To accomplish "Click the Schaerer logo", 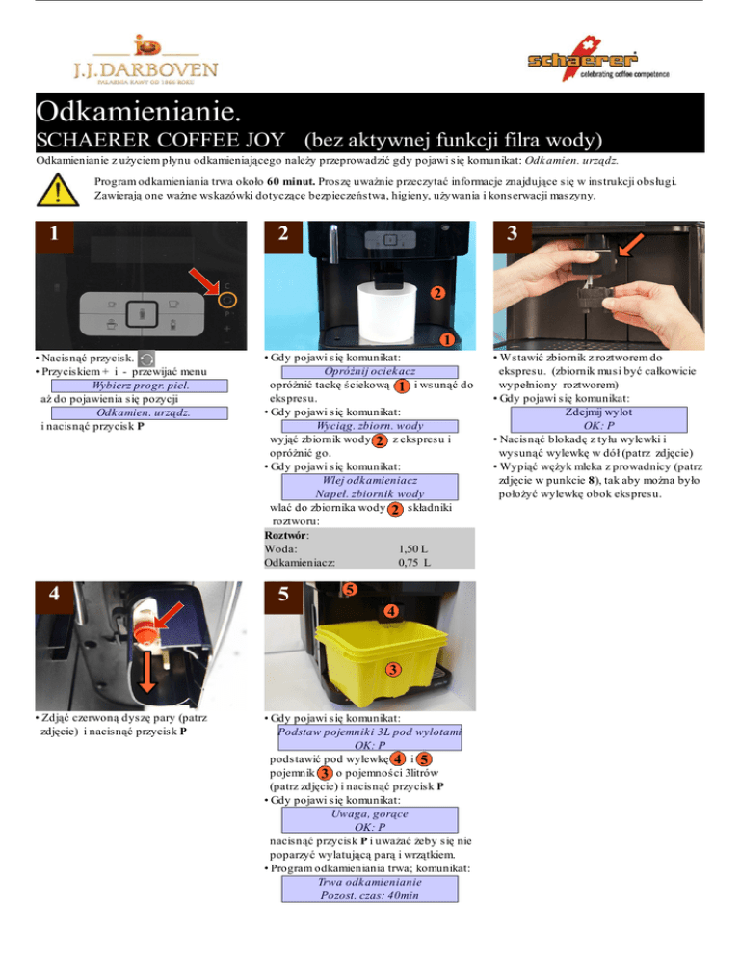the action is click(597, 59).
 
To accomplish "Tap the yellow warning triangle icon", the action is click(58, 190).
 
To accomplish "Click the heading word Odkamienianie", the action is click(139, 111).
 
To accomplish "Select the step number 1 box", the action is click(54, 234).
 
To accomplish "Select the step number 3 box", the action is click(512, 234).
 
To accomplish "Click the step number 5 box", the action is click(283, 595).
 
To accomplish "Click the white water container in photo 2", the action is click(386, 313).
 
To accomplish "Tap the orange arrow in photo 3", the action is click(631, 245).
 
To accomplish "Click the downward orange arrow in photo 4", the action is click(146, 671).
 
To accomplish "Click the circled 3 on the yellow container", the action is click(393, 670).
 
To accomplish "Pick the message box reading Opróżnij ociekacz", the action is click(370, 371).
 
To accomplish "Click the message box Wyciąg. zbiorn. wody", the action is click(370, 426).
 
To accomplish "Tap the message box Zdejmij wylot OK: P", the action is click(599, 419).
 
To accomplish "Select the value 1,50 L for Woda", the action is click(413, 548).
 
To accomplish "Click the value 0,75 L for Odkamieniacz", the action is click(414, 562).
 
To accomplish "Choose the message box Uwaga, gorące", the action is click(370, 820).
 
